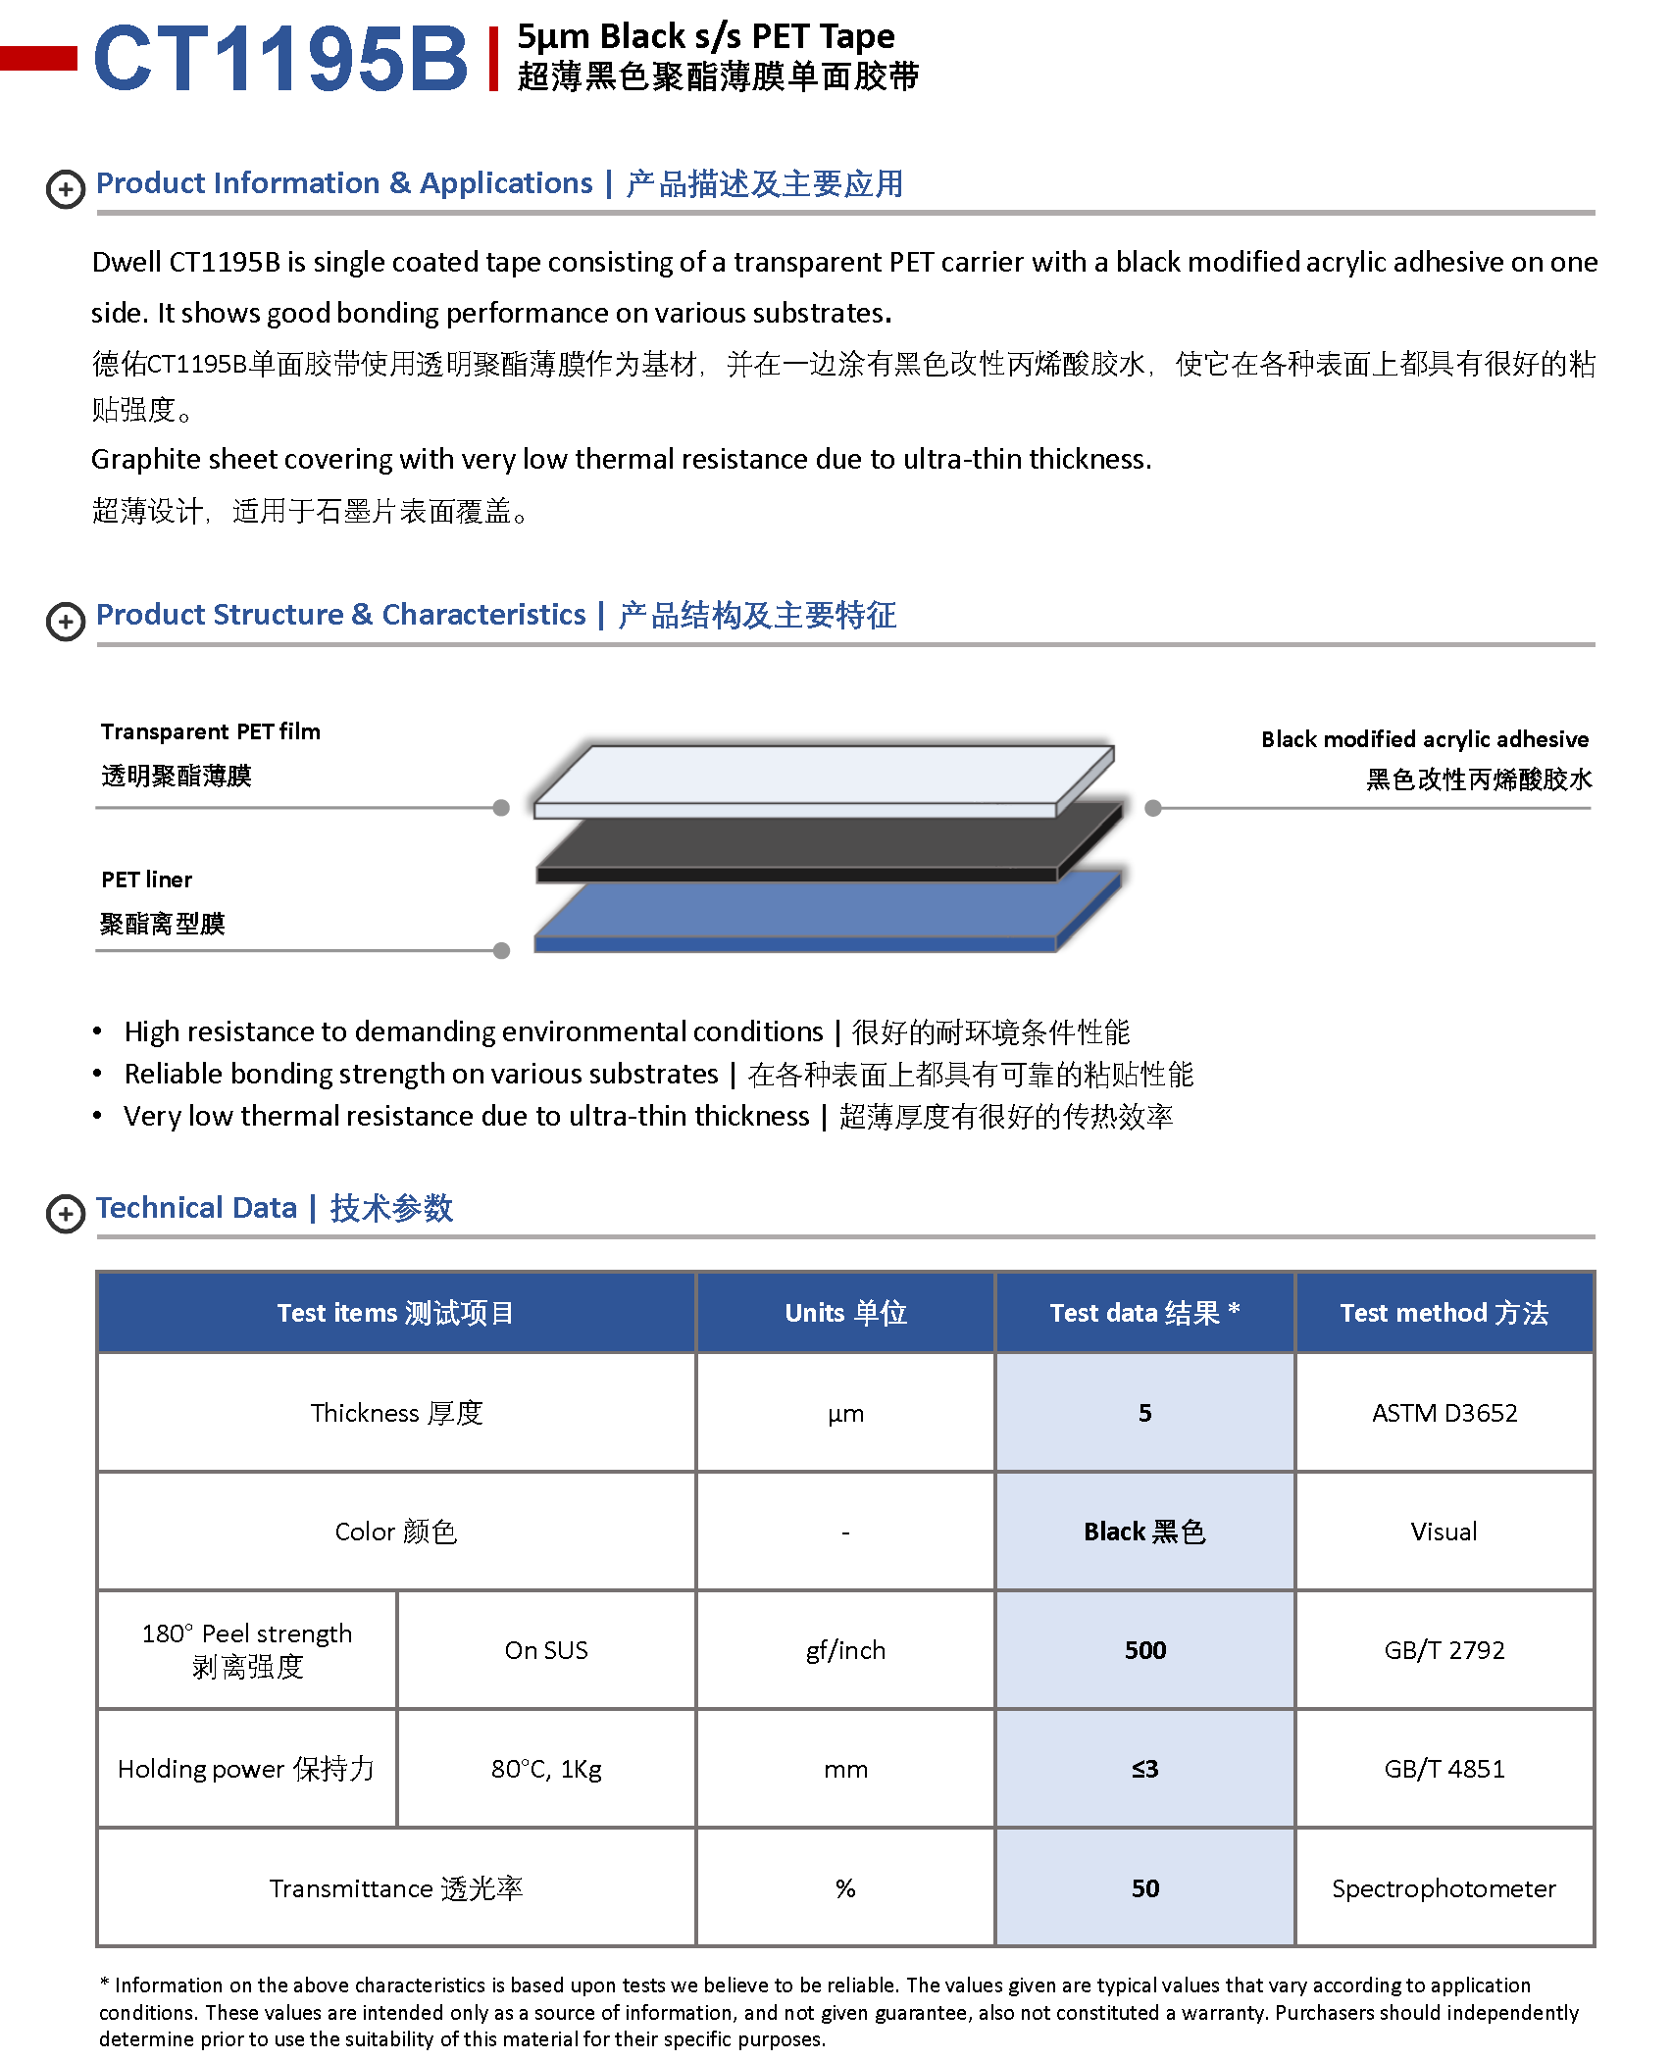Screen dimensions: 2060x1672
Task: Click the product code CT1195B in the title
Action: [280, 59]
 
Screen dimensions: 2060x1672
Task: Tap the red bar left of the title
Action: [38, 59]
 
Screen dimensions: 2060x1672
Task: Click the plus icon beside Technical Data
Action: [66, 1214]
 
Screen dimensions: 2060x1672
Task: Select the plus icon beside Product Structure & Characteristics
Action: [66, 622]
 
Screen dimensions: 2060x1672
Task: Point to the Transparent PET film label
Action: [210, 732]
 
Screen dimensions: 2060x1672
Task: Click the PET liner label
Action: [147, 879]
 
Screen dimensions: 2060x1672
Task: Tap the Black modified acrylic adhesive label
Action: [1424, 739]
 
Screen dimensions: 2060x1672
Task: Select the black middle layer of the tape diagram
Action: [824, 843]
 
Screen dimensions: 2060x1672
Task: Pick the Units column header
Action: [845, 1313]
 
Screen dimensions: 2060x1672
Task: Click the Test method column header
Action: [1444, 1313]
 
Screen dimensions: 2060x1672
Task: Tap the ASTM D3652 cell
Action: [1444, 1413]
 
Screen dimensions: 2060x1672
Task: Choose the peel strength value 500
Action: [1144, 1650]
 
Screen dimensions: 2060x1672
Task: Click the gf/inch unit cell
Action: [845, 1650]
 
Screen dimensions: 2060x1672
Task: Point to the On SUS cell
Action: [546, 1650]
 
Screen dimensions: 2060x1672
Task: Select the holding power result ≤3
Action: [1144, 1769]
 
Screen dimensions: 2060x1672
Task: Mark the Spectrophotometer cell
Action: [1444, 1888]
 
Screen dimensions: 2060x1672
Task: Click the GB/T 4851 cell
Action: [1444, 1769]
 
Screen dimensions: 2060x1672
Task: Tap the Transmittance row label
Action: [396, 1888]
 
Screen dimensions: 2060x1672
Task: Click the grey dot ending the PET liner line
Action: [502, 950]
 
